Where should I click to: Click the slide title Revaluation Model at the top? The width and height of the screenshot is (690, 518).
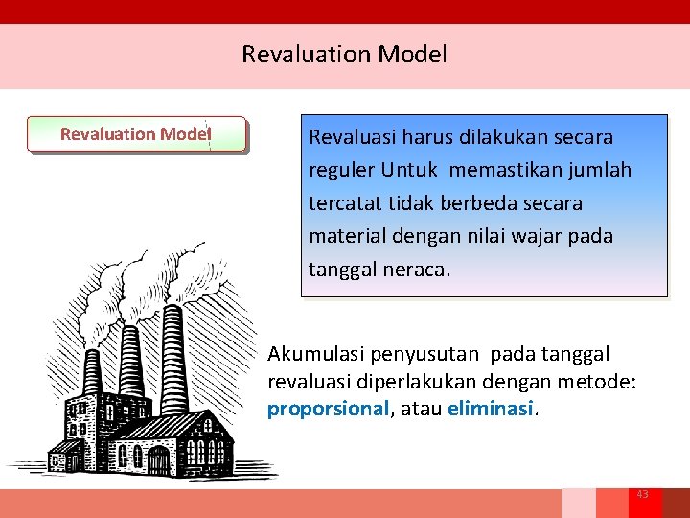344,55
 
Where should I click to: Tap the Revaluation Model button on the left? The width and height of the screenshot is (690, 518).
135,134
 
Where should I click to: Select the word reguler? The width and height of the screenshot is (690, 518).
341,171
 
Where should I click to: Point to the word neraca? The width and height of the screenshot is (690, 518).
416,270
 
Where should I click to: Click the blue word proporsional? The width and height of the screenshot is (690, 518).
328,410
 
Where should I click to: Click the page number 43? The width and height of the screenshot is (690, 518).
642,494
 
